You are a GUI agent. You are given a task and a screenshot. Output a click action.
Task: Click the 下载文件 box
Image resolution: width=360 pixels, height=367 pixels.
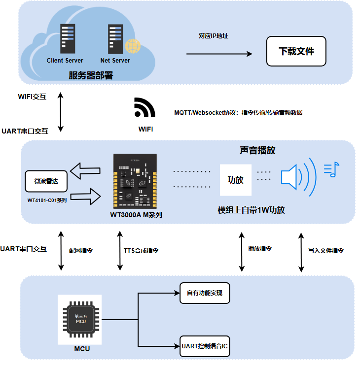[296, 51]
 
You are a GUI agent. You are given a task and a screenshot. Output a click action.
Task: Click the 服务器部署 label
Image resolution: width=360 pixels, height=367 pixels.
[91, 75]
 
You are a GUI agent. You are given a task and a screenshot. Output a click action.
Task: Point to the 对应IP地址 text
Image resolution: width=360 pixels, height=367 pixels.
[214, 36]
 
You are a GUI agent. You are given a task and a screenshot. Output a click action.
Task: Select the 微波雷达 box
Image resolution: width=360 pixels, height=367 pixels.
[45, 181]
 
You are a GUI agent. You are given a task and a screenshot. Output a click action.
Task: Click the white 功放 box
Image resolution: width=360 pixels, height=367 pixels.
[235, 180]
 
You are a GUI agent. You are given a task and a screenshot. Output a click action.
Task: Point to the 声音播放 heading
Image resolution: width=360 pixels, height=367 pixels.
[257, 151]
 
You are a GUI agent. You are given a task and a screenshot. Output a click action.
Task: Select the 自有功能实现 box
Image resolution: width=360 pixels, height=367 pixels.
[205, 293]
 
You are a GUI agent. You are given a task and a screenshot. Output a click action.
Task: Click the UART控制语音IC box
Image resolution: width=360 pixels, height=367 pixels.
[205, 347]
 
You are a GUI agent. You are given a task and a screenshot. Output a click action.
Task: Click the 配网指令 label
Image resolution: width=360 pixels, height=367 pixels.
[81, 250]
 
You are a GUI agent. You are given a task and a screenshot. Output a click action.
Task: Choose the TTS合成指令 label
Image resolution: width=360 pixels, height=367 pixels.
[141, 250]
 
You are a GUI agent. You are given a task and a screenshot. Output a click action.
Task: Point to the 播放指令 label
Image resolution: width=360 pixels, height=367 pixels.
[260, 249]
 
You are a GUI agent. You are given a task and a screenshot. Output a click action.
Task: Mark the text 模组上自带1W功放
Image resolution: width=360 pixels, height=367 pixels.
[251, 210]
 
